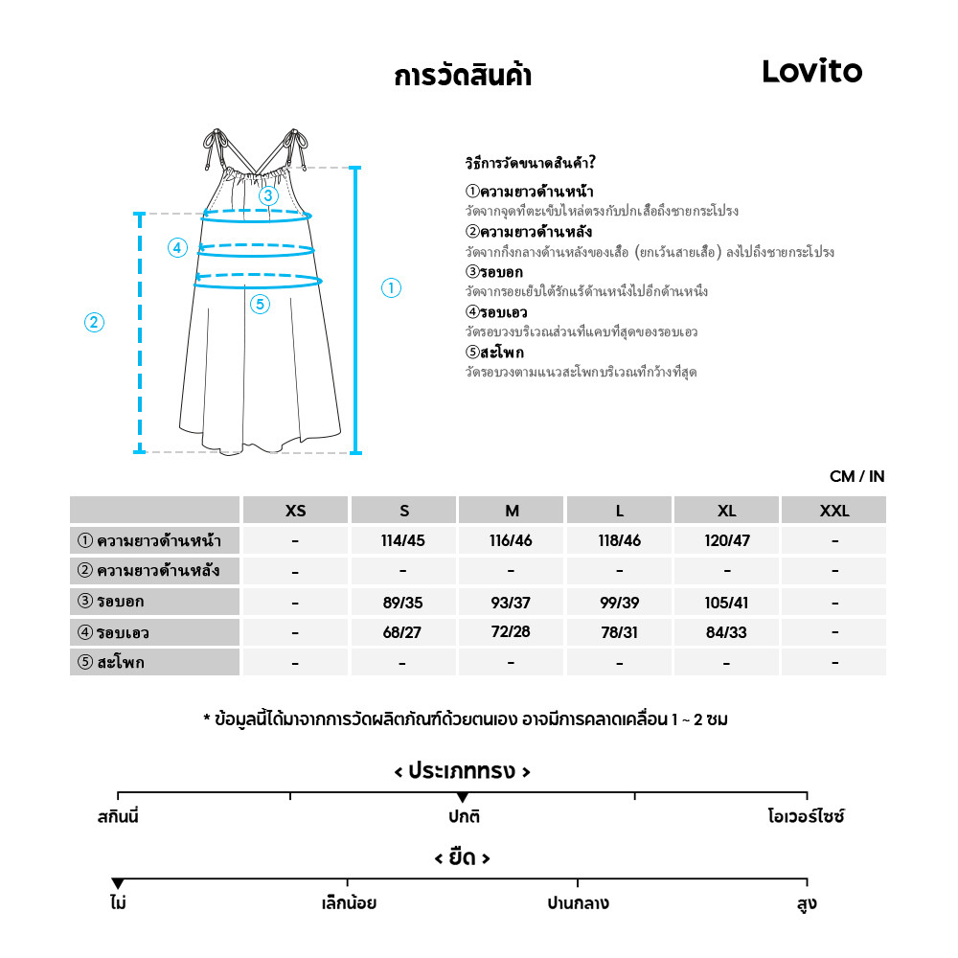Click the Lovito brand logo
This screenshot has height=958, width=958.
811,71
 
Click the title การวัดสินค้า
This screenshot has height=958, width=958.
463,77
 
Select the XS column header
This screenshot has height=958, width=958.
296,511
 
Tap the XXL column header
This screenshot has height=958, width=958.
834,511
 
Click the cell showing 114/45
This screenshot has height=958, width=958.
402,540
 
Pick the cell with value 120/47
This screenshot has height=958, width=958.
727,540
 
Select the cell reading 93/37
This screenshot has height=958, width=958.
511,603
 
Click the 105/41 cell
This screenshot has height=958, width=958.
727,603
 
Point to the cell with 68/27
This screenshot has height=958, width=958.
402,632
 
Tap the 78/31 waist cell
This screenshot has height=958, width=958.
619,632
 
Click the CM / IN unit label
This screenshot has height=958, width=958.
856,477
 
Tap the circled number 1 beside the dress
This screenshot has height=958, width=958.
391,287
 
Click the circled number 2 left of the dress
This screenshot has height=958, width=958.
94,323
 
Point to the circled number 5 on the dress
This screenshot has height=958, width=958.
261,305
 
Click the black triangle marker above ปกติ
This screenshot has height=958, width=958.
463,797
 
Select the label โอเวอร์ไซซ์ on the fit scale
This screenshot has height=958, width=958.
806,817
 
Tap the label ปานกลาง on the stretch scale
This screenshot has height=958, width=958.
578,903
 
